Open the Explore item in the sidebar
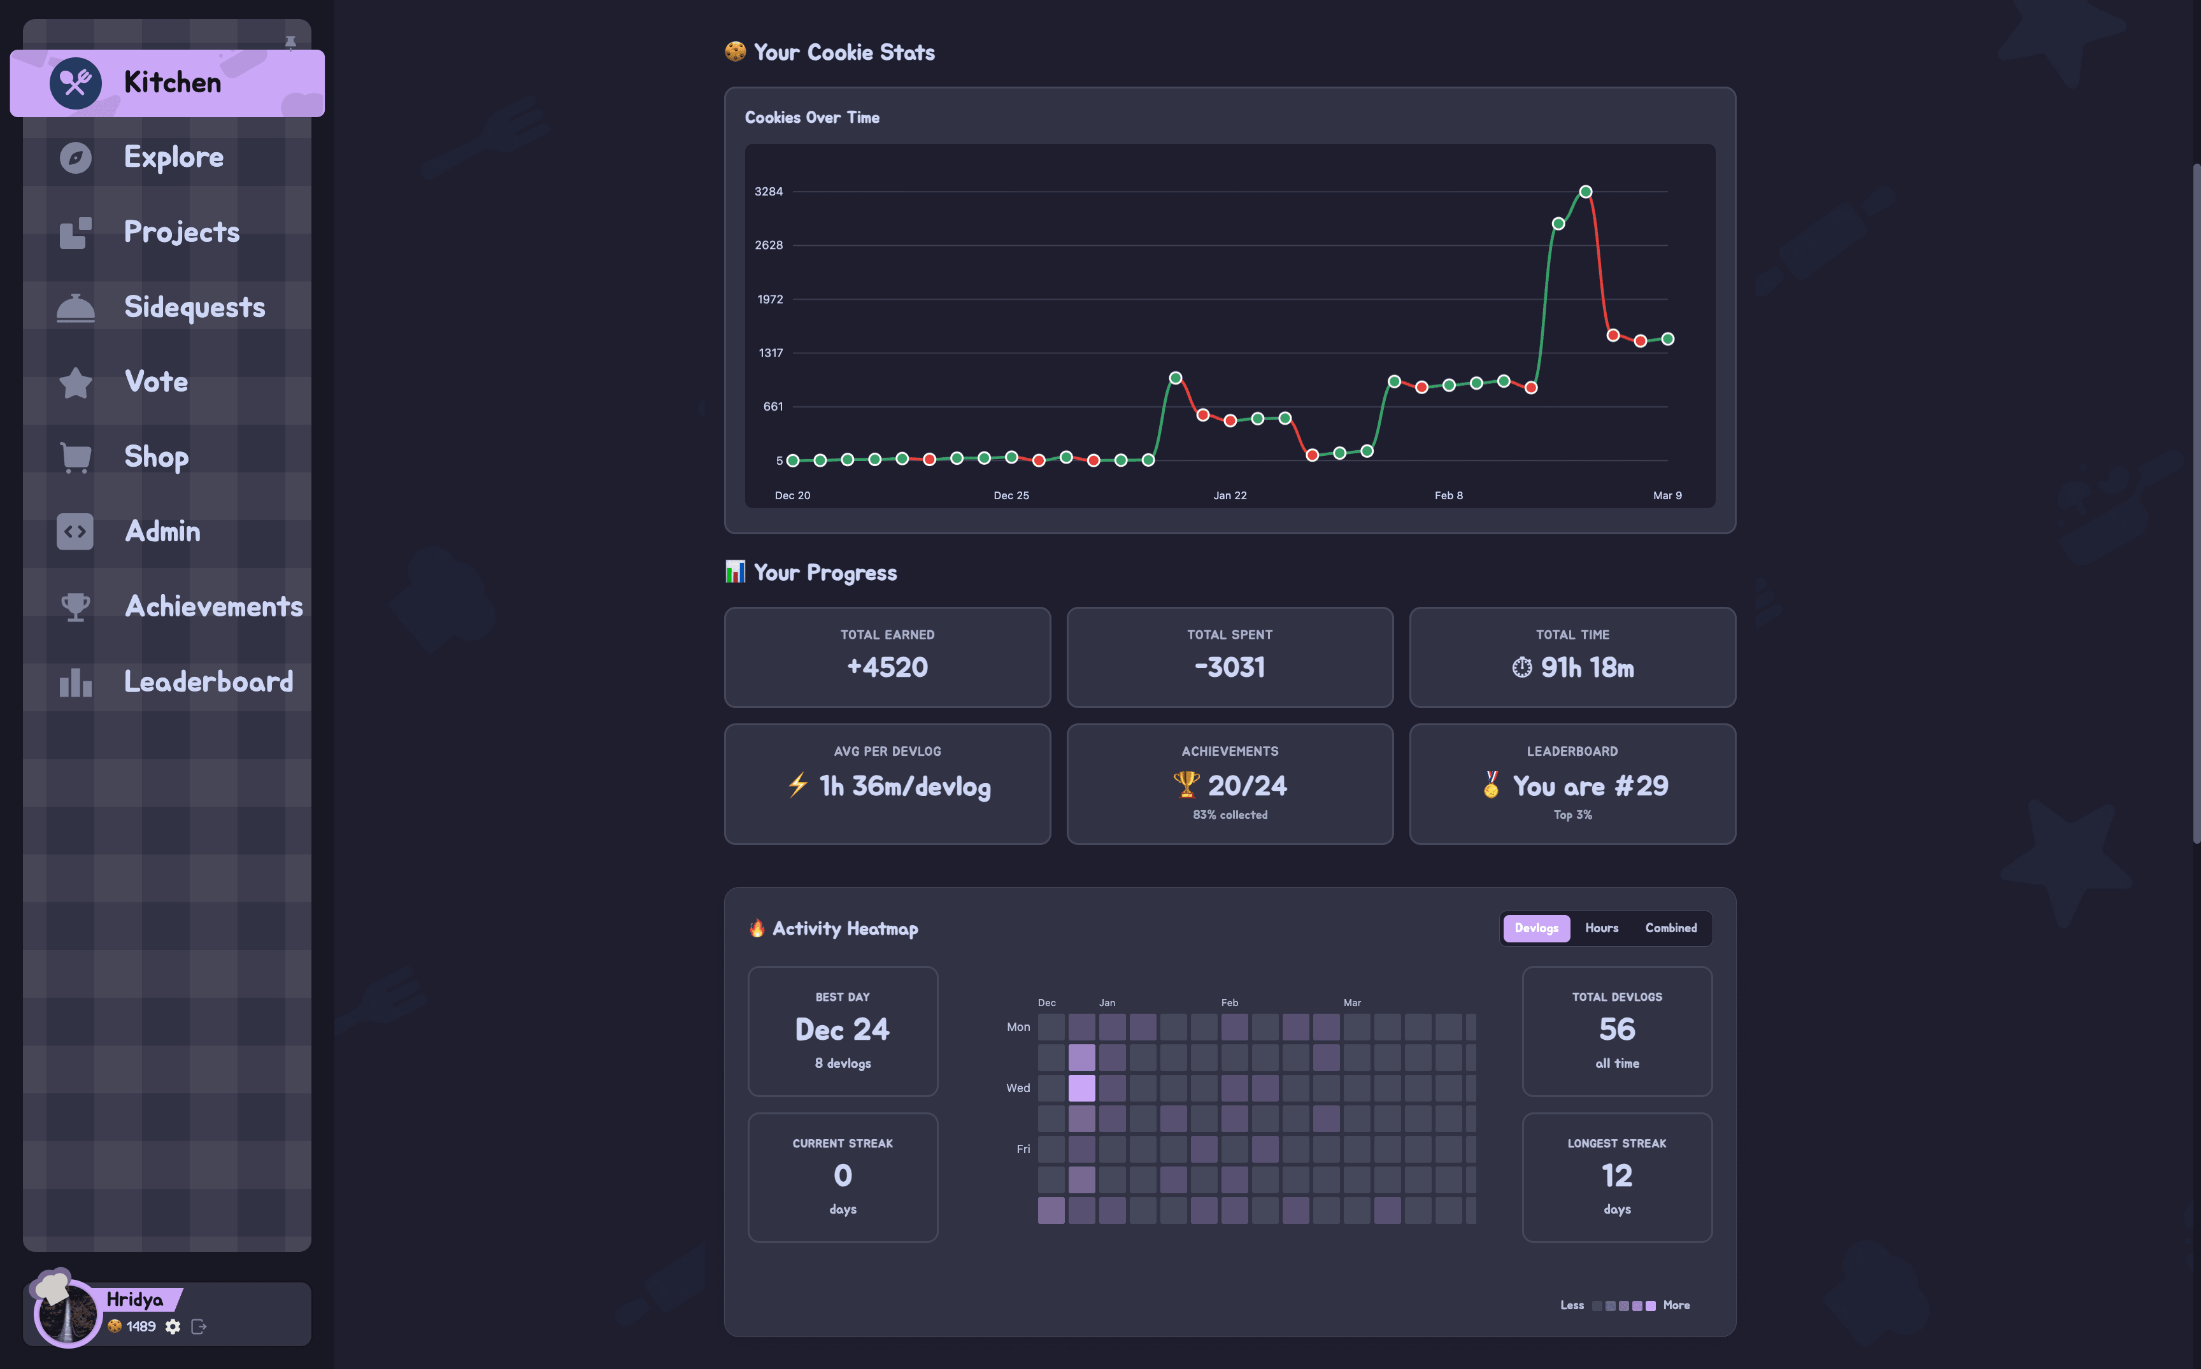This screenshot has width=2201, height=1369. (173, 157)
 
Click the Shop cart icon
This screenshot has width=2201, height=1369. (75, 457)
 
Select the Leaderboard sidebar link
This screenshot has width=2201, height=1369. (208, 682)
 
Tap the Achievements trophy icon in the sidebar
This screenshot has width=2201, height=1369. (75, 607)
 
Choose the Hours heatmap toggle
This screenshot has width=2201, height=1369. (1600, 928)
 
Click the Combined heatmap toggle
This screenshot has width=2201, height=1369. (1670, 928)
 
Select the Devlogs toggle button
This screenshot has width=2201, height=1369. (1535, 928)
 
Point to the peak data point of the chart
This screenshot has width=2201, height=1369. (1585, 192)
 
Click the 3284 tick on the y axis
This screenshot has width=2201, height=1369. (769, 192)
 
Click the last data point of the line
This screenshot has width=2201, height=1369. (1667, 339)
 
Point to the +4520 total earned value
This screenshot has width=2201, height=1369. (887, 667)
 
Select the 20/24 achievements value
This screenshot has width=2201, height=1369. (1247, 786)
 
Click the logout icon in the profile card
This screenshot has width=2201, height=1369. (199, 1326)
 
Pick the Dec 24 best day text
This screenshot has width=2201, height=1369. (842, 1030)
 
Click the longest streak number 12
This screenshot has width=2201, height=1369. (1616, 1175)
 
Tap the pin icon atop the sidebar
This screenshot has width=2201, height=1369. (290, 43)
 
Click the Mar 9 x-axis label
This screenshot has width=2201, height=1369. (1667, 495)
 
